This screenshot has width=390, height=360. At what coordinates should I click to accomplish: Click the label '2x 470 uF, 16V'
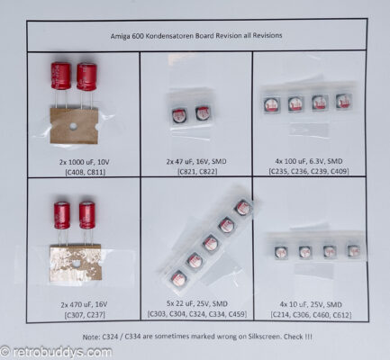[83, 306]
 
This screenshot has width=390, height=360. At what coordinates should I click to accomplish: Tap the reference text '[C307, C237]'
[83, 316]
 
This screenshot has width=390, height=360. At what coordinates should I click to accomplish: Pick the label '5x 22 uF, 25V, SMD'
[196, 306]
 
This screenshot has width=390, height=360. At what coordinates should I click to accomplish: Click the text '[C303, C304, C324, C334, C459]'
[196, 316]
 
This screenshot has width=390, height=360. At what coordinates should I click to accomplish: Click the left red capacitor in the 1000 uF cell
[60, 76]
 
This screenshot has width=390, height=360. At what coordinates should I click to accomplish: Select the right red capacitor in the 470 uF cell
[86, 214]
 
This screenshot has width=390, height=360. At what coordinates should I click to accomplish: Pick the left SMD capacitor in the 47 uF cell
[180, 115]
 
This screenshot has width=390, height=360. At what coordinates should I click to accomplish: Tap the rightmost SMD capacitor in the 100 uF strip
[342, 102]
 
